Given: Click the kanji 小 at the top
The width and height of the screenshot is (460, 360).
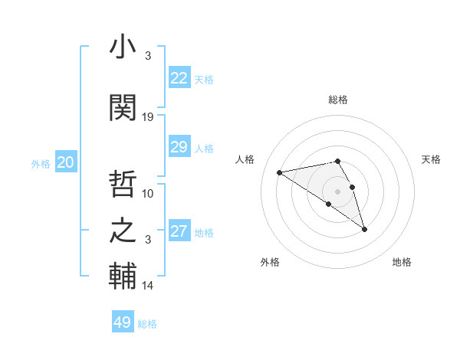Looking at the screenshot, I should [x=123, y=48].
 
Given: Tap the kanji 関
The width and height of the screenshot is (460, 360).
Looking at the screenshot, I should [x=123, y=108].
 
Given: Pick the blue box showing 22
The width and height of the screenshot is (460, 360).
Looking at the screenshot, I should [x=179, y=78].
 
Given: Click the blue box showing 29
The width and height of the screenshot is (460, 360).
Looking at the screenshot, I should [x=179, y=147].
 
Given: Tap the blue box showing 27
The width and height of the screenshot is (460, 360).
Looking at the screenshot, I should [x=179, y=231].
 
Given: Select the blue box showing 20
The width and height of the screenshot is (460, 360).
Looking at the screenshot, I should [x=65, y=162].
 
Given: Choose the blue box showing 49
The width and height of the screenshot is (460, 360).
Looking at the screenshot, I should [x=123, y=322].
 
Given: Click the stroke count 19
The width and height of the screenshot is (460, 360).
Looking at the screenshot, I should [x=148, y=116].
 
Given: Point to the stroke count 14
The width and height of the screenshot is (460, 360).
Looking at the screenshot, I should [x=148, y=286].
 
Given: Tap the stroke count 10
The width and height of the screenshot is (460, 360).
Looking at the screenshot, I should [x=148, y=193].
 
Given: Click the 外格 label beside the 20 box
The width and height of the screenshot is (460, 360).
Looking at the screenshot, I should [x=41, y=163].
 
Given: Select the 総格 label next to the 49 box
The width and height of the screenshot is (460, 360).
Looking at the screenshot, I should [x=147, y=323].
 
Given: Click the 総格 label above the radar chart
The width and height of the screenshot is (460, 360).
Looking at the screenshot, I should [x=338, y=100].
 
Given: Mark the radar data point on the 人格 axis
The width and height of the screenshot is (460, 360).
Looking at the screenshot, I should [x=279, y=172].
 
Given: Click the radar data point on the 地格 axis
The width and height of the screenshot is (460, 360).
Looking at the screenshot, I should [x=365, y=229].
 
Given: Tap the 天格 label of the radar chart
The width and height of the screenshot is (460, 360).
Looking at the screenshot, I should [x=432, y=159].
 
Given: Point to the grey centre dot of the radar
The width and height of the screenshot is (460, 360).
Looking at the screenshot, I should [x=337, y=190].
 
